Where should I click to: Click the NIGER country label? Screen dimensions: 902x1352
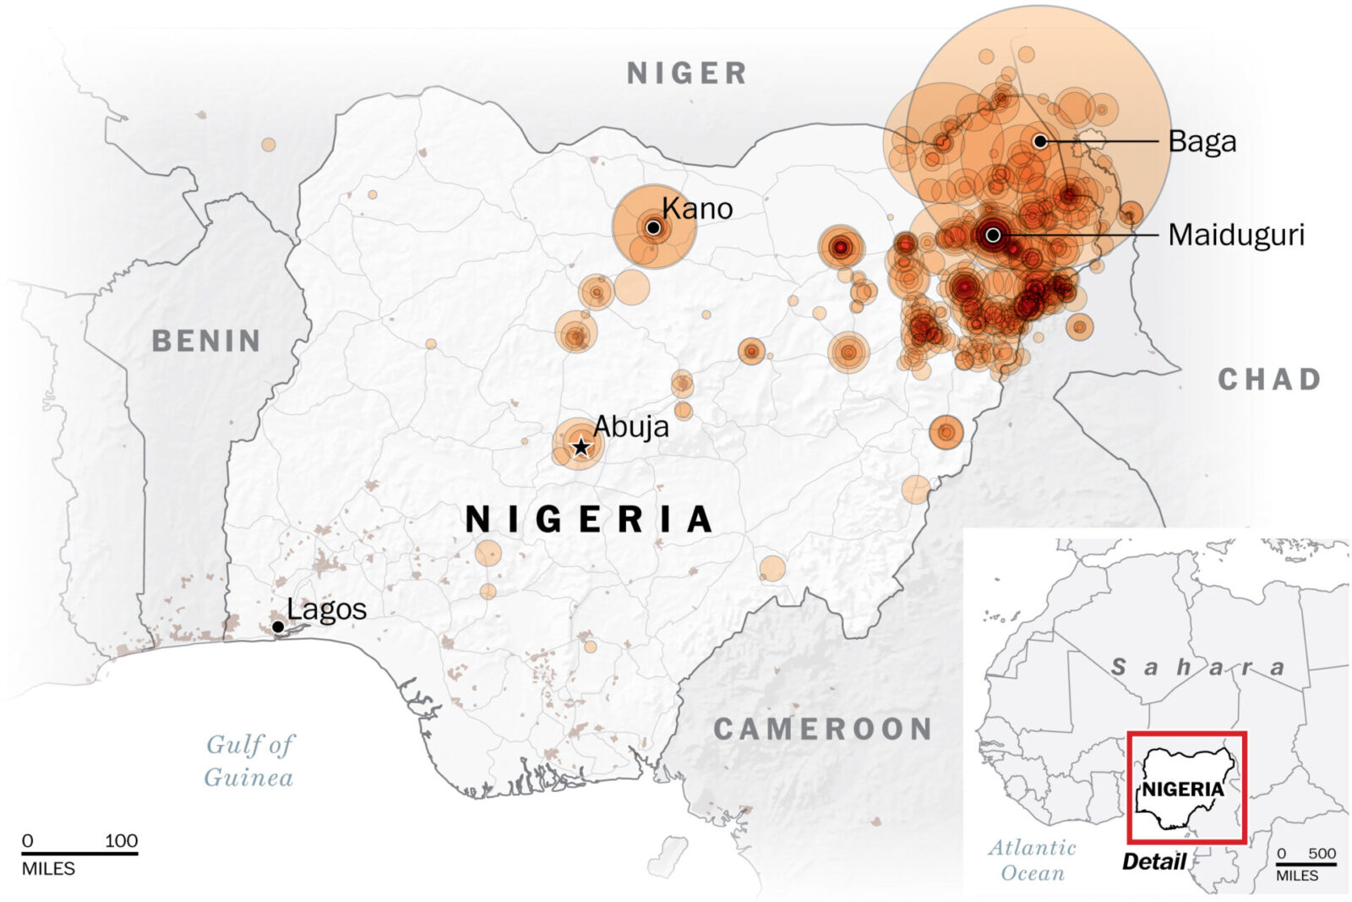tap(687, 74)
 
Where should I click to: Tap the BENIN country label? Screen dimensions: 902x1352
tap(206, 341)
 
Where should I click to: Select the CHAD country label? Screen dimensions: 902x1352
tap(1269, 380)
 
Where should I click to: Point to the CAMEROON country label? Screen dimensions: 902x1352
tap(823, 729)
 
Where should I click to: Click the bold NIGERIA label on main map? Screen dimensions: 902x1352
tap(590, 519)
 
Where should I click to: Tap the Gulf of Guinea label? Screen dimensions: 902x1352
tap(249, 761)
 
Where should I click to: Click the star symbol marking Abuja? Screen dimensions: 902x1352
tap(581, 446)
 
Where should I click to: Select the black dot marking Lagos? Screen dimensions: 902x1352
tap(278, 626)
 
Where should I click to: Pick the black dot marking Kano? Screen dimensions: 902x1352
tap(653, 227)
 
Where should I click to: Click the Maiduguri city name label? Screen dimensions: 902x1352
tap(1235, 235)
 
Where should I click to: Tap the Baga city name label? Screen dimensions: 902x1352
tap(1202, 141)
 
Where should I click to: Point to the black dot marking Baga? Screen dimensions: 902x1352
tap(1040, 141)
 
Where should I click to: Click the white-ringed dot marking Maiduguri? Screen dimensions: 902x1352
tap(994, 234)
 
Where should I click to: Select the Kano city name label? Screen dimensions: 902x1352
tap(697, 208)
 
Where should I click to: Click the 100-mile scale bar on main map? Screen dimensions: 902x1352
tap(79, 853)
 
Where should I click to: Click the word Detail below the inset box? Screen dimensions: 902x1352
tap(1153, 861)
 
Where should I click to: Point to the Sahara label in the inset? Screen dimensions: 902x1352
tap(1197, 667)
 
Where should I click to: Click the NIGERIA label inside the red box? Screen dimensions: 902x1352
tap(1182, 790)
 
